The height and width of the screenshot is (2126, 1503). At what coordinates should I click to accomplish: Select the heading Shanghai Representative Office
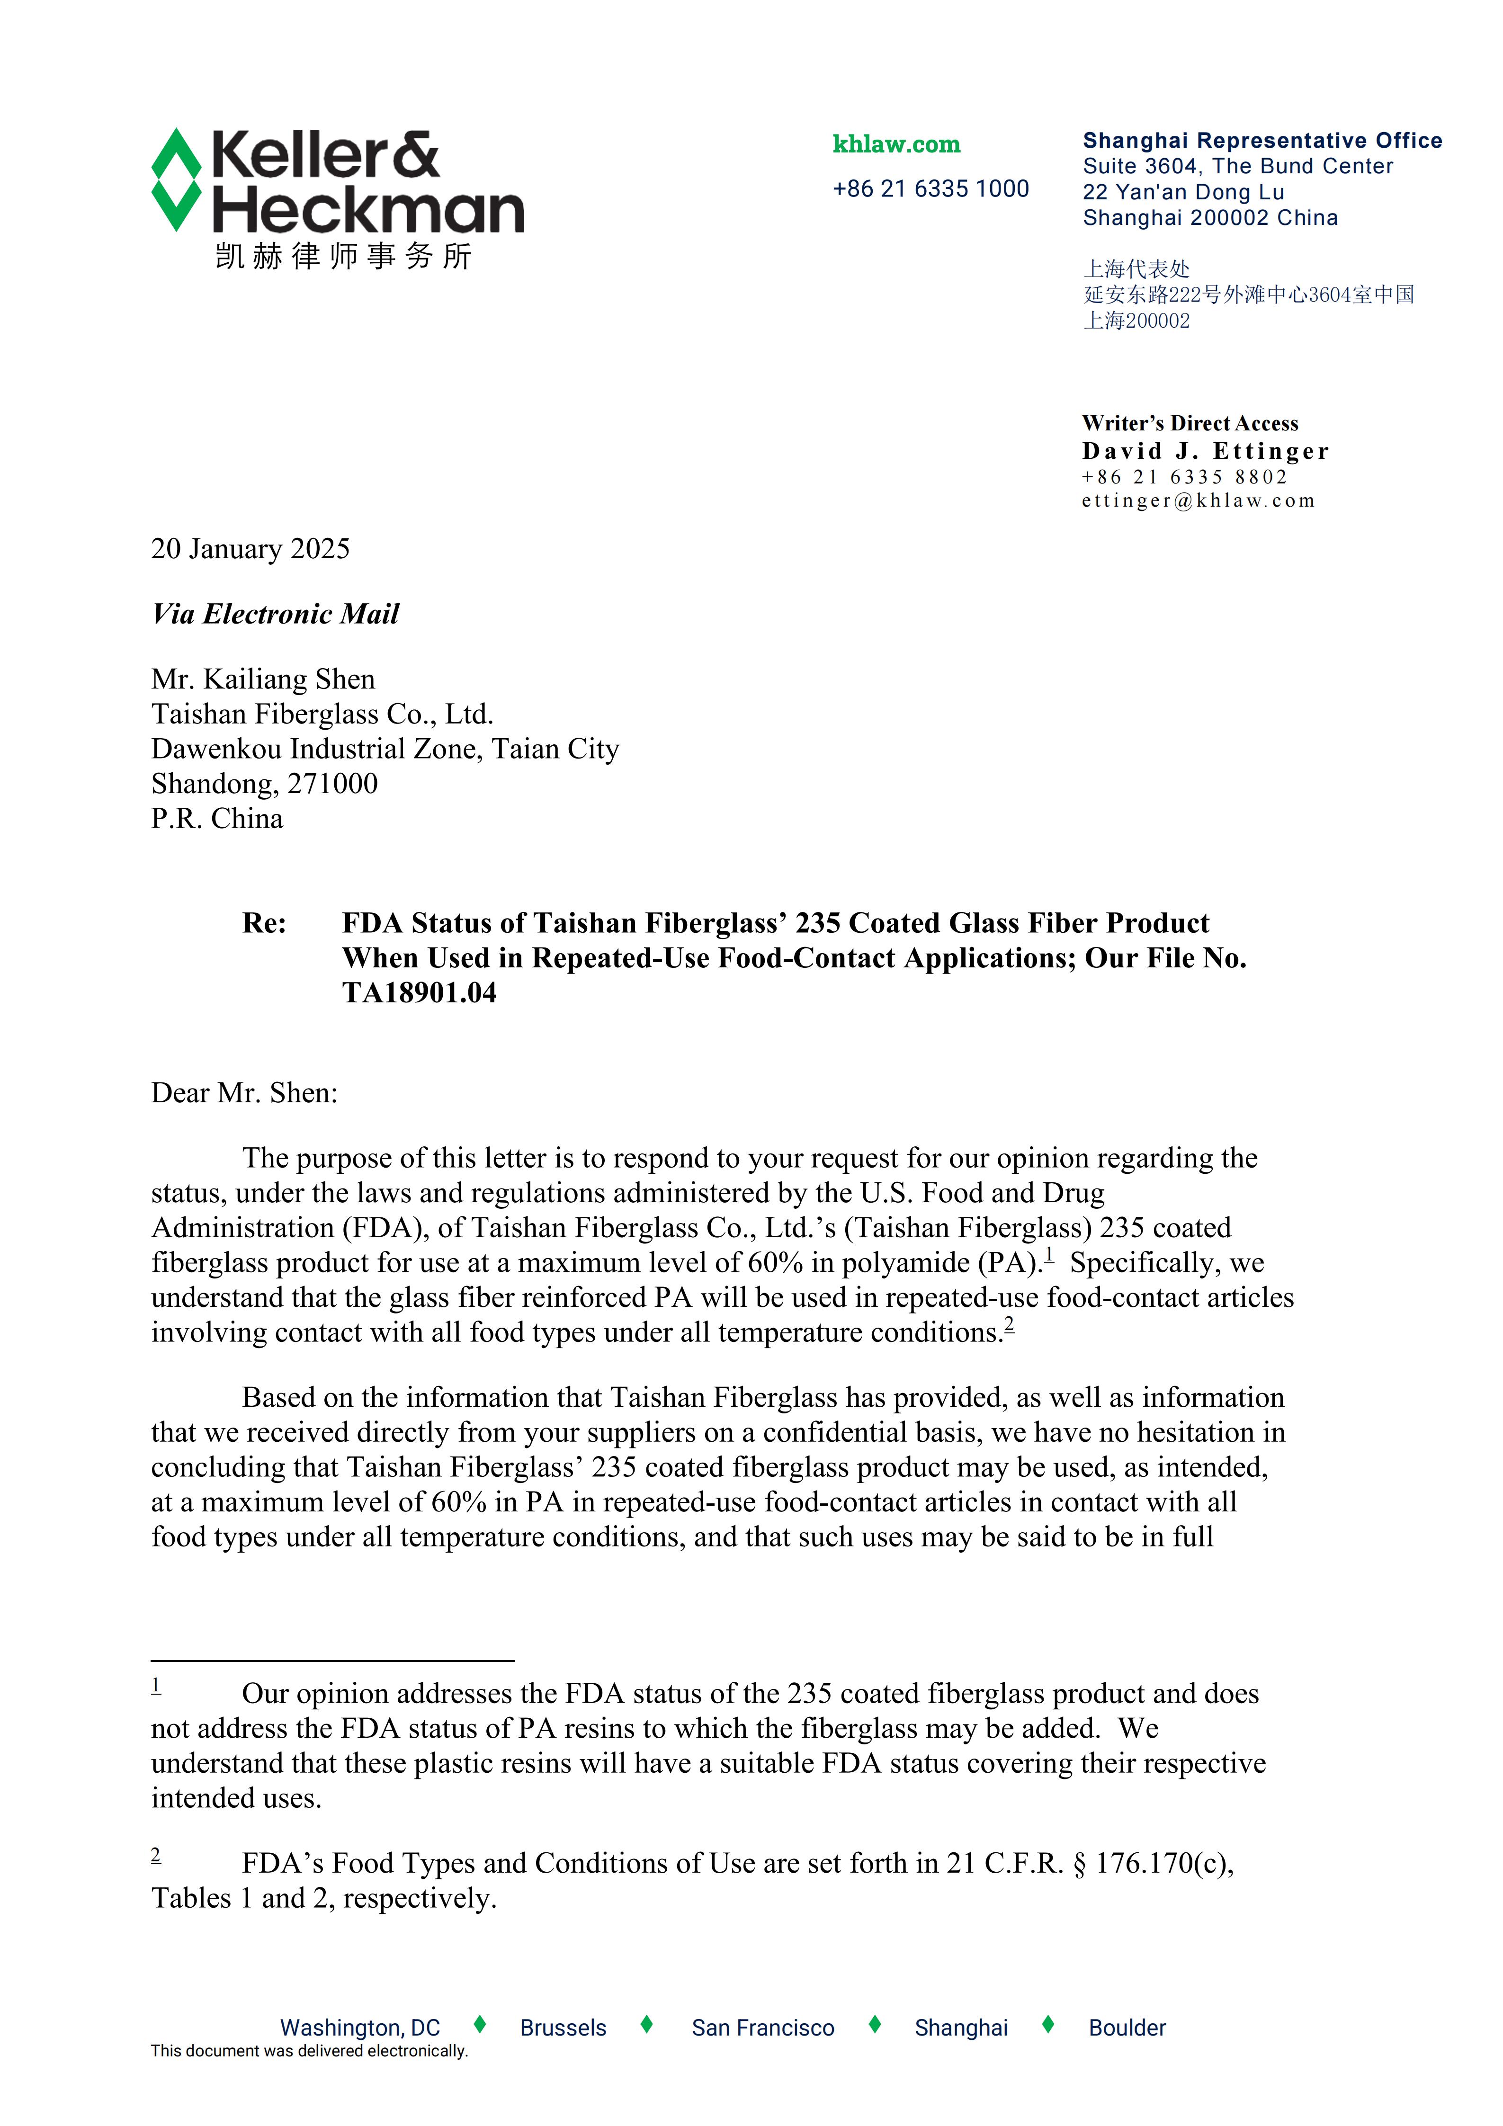coord(1261,141)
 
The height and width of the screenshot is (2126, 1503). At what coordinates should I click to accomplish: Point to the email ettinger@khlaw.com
coord(1198,501)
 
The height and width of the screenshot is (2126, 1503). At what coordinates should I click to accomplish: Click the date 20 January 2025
coord(250,549)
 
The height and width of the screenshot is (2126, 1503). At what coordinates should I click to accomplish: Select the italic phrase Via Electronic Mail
coord(275,614)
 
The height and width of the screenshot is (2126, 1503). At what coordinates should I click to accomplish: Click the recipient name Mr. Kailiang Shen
coord(263,679)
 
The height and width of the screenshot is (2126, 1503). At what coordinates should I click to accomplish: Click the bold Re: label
coord(264,923)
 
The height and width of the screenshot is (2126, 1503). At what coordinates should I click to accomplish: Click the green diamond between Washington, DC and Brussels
coord(480,2025)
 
